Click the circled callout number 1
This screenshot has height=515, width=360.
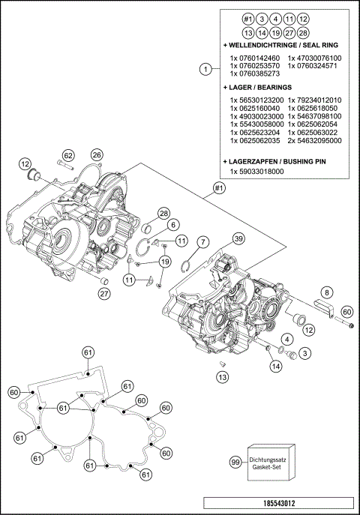(205, 70)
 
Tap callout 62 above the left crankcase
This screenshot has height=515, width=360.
(68, 154)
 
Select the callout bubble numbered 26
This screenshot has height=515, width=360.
(96, 154)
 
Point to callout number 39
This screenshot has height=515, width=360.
(238, 238)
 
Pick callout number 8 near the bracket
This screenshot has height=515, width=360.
(327, 292)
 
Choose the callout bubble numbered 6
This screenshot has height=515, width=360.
(172, 224)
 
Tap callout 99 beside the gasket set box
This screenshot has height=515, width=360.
(235, 463)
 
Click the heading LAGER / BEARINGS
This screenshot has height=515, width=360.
(259, 88)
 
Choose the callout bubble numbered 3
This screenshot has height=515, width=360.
(305, 352)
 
